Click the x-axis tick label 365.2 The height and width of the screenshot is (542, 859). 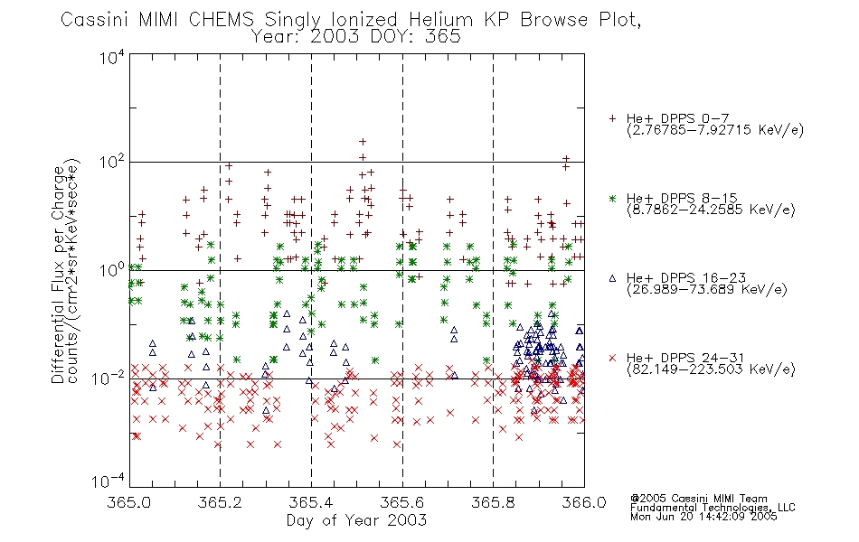[220, 502]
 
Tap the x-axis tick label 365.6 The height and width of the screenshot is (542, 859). [402, 502]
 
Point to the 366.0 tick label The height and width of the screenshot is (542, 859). [584, 502]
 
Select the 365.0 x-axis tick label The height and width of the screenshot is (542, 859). [128, 502]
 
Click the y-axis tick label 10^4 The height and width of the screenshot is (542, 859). [112, 57]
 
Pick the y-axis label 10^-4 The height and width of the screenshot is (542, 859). [109, 481]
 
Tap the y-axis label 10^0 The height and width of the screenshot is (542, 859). [112, 269]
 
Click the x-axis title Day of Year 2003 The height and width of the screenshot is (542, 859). [356, 520]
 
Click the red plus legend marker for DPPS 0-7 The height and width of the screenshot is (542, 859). [612, 118]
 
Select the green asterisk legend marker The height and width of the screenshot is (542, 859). [612, 198]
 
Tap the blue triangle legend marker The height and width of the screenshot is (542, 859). [612, 278]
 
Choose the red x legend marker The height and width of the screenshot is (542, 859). [612, 358]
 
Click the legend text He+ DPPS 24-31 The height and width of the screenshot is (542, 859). [685, 358]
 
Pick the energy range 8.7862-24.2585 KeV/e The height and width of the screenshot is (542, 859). [711, 210]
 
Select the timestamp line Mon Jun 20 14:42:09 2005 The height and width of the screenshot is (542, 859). [703, 517]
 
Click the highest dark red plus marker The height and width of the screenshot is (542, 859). [362, 142]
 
